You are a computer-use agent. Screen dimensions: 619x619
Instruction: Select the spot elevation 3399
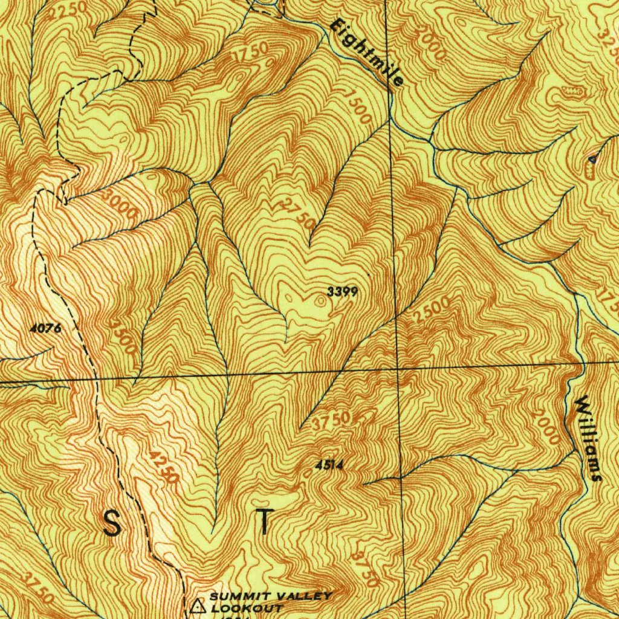point(343,292)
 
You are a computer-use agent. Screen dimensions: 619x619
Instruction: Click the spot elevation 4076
point(45,329)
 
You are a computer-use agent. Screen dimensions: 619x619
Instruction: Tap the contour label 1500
point(359,106)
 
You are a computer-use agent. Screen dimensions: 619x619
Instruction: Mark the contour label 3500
point(122,337)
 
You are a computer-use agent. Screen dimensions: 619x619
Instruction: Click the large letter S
point(111,523)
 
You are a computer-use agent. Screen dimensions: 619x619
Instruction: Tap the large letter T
point(264,522)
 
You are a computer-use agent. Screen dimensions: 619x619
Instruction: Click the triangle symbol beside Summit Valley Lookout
point(197,605)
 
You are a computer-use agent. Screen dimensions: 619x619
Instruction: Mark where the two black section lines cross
point(397,368)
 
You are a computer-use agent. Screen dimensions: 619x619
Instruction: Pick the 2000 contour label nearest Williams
point(548,428)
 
